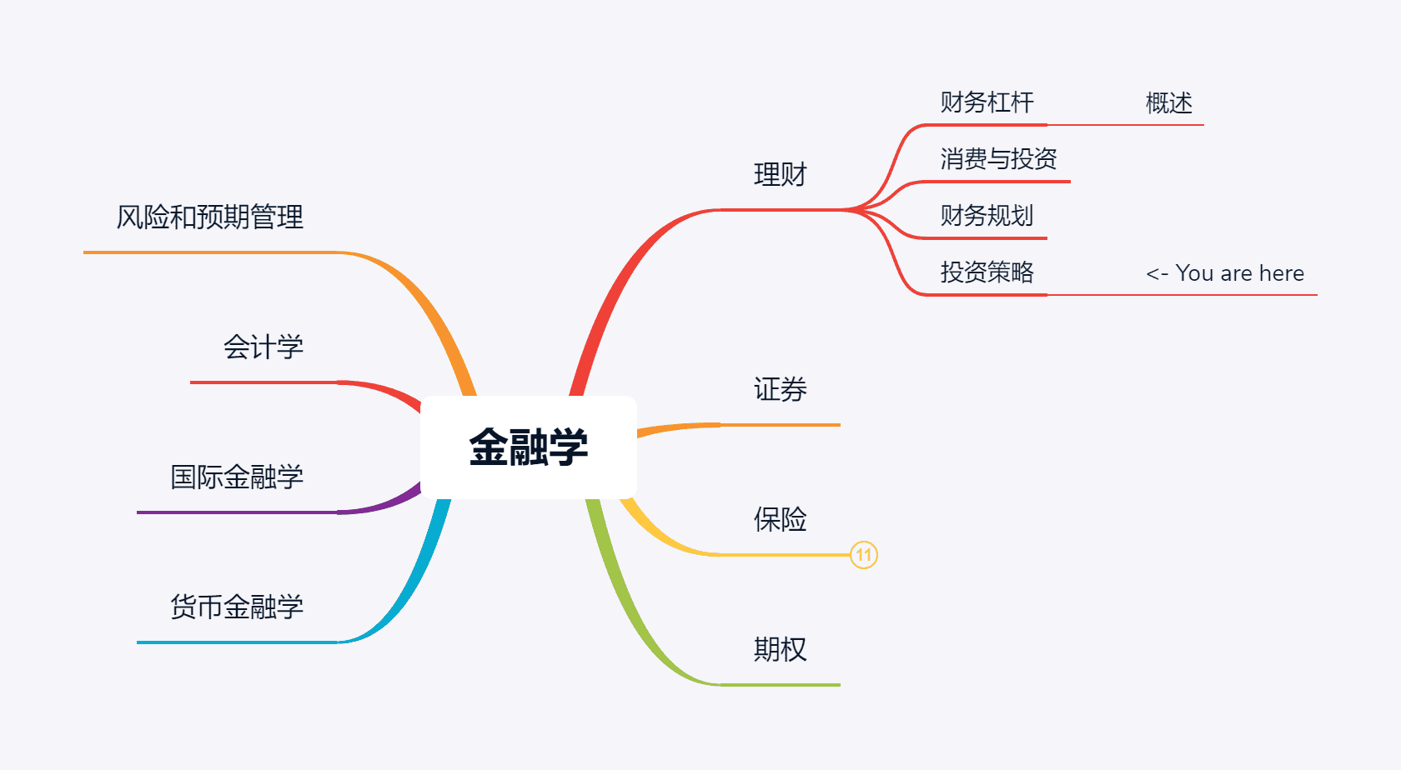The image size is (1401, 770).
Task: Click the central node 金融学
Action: point(529,447)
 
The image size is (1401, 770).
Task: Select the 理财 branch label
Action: point(780,175)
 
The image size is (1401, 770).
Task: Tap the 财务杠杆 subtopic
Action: point(987,102)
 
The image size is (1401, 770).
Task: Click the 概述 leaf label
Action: point(1168,103)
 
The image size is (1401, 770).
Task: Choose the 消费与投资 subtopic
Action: point(998,159)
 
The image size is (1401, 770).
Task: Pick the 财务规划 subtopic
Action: point(987,216)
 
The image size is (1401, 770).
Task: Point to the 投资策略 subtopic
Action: point(987,272)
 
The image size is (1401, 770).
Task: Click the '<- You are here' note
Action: point(1224,273)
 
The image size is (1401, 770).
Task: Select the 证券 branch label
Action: point(780,389)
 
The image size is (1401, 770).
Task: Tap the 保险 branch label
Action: point(780,519)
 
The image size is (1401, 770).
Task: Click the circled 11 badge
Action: point(864,555)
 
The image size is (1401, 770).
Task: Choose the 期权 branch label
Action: point(780,649)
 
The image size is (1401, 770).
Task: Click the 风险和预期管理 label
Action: point(209,217)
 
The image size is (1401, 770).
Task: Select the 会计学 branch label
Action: point(263,347)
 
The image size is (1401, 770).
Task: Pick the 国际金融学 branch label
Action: point(237,477)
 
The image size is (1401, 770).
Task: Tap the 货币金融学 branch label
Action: point(237,607)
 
